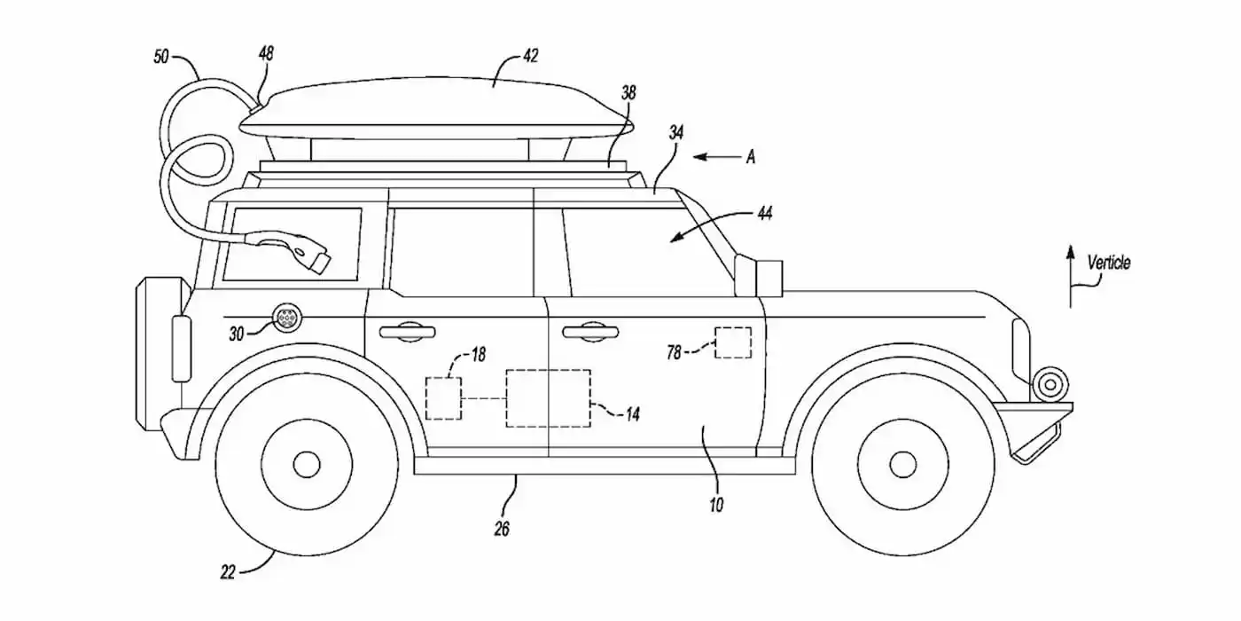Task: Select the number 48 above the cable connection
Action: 265,55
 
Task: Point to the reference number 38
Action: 628,91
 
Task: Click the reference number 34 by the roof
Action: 675,133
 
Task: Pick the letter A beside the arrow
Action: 750,157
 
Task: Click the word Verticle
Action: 1109,263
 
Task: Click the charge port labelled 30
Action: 288,318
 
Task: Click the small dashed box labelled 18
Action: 443,397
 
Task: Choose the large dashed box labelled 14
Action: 547,397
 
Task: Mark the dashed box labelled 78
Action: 733,342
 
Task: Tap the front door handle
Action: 588,332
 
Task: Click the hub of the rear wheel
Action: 306,463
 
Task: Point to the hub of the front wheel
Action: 901,463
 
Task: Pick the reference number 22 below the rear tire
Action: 228,572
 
